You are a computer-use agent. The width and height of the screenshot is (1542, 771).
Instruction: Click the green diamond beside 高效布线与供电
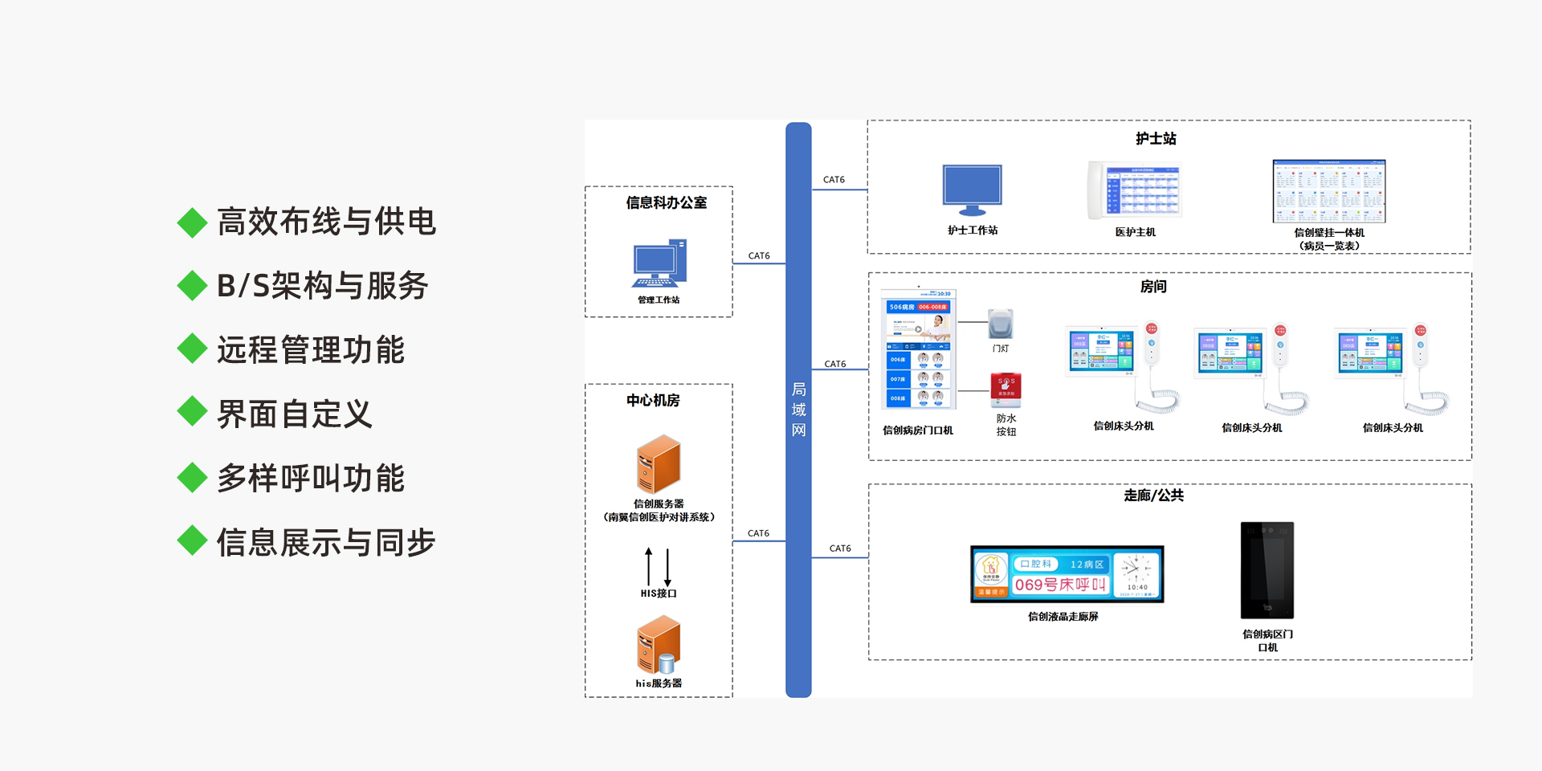193,222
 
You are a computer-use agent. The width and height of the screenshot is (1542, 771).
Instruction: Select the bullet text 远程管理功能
311,350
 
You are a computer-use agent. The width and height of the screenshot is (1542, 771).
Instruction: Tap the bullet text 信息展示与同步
326,543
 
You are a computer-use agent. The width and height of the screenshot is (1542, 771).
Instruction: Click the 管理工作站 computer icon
659,263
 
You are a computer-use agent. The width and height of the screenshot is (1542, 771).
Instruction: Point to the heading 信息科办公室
667,203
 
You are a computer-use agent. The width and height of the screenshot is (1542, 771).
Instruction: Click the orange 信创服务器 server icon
659,464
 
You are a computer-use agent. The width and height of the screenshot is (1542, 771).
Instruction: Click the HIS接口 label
659,594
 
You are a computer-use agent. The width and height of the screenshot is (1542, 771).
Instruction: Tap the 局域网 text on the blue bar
798,410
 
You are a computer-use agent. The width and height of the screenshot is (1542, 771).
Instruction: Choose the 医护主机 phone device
1135,191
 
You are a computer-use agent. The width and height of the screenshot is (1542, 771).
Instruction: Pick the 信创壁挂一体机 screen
1329,191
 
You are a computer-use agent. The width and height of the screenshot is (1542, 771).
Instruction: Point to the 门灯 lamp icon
1001,324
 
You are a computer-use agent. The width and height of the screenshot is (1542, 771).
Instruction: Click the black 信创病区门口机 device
1267,570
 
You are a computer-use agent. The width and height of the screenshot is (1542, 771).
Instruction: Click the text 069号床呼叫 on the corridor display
1060,585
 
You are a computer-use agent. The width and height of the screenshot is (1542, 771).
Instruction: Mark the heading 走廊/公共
1154,496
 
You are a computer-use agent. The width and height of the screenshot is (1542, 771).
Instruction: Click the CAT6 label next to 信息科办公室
759,256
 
